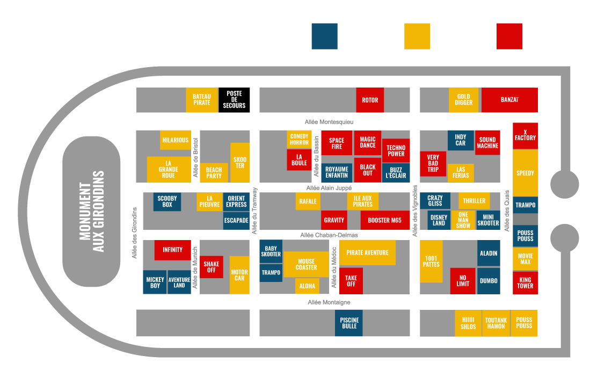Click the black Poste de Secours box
(234, 100)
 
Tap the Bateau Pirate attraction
(202, 100)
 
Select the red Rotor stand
(370, 100)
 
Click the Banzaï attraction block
(509, 100)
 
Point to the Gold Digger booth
(463, 100)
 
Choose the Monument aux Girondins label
(91, 212)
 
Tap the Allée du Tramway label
(255, 211)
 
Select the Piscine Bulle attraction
(349, 323)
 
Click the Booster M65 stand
(385, 220)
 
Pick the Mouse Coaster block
(306, 264)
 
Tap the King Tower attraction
(525, 283)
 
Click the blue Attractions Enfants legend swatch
(324, 37)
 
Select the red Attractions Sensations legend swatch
(509, 37)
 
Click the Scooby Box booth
(167, 201)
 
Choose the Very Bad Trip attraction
(433, 164)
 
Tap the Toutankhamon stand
(496, 323)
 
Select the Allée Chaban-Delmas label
(329, 235)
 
